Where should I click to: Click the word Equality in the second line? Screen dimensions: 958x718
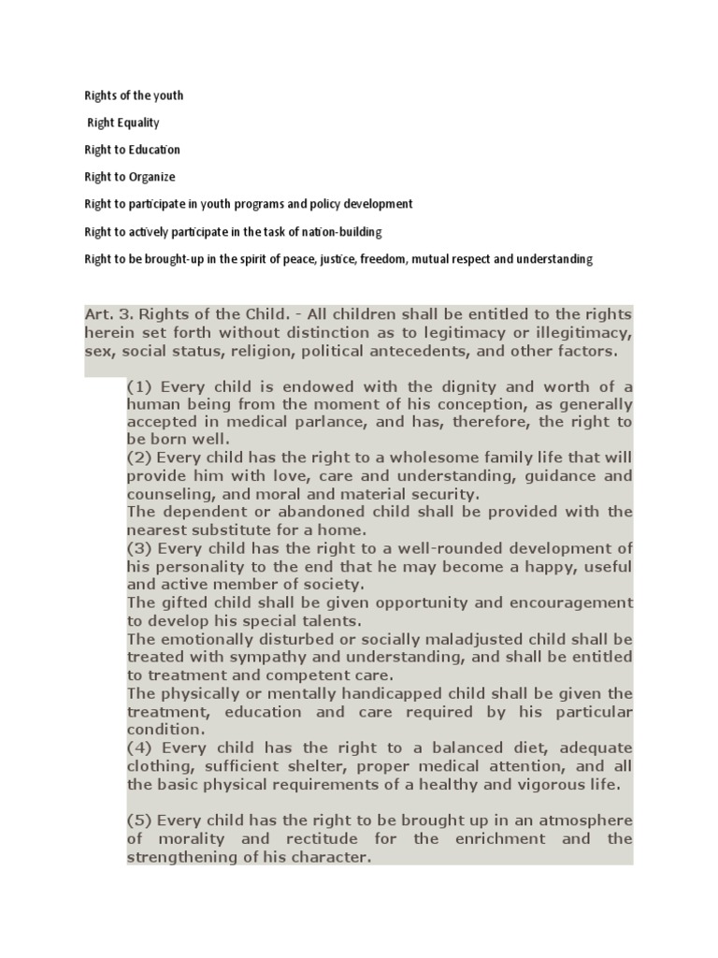click(x=137, y=123)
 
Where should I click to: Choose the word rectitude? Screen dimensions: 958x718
click(x=304, y=838)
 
